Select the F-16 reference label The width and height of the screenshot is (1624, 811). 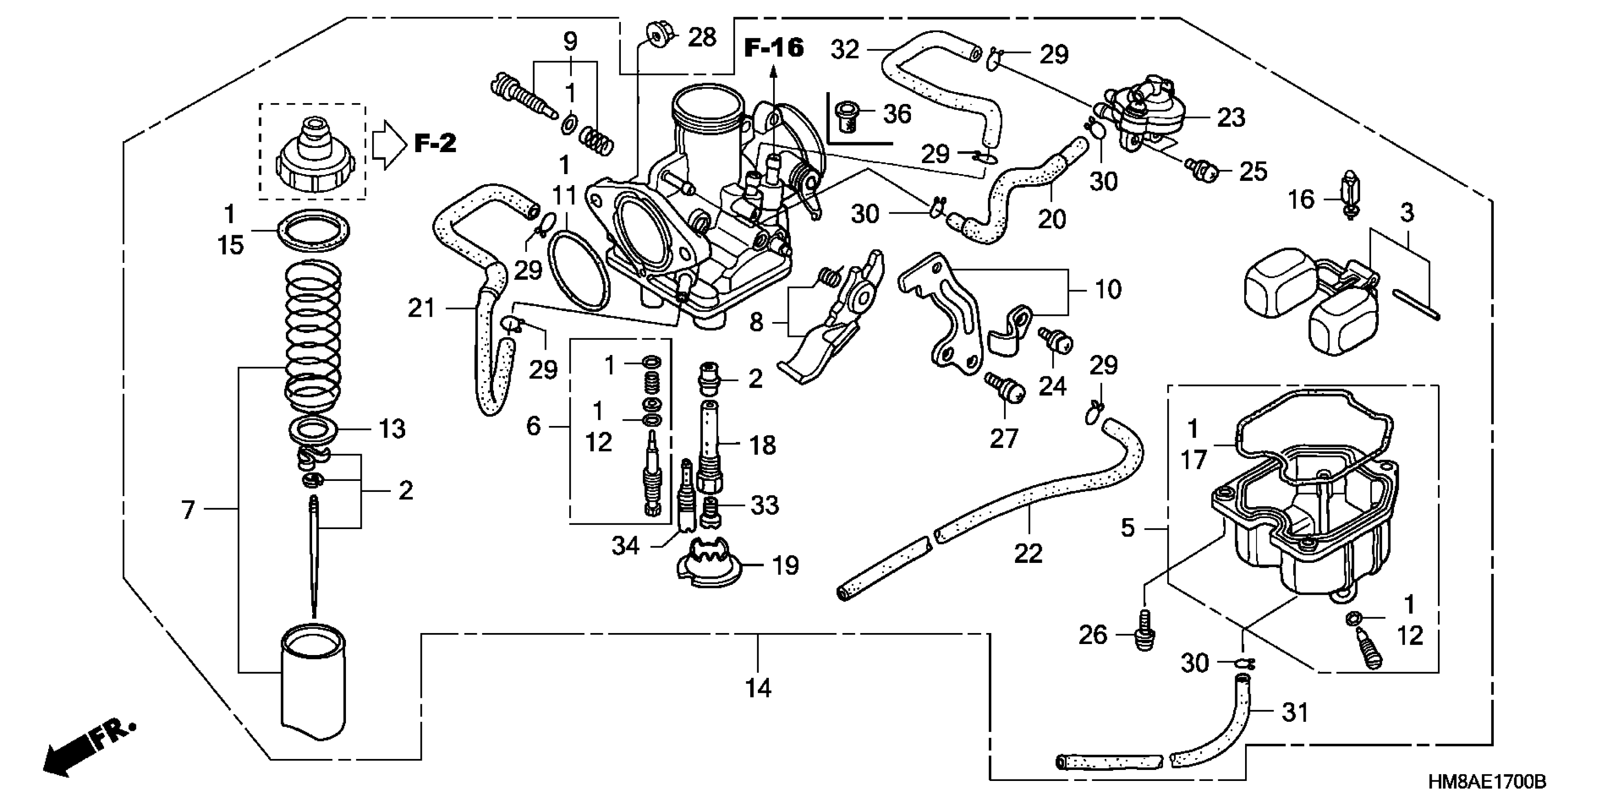click(x=774, y=48)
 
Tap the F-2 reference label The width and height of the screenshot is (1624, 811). click(x=435, y=143)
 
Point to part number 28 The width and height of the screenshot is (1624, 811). click(x=702, y=38)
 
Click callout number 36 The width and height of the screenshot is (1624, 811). click(x=897, y=114)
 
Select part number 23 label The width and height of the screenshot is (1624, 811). click(x=1231, y=117)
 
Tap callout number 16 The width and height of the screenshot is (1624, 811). click(x=1300, y=200)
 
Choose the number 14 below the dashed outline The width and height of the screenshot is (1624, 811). click(x=758, y=688)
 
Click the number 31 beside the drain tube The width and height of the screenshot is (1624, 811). click(x=1295, y=713)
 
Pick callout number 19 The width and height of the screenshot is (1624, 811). click(x=785, y=566)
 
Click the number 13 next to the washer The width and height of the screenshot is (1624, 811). click(x=391, y=429)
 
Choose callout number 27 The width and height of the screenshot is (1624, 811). click(x=1004, y=438)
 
